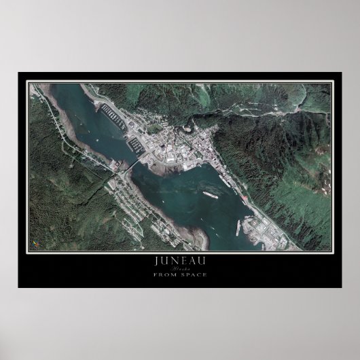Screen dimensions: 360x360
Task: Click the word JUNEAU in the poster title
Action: point(179,261)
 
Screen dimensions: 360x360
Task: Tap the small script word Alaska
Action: point(180,268)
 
